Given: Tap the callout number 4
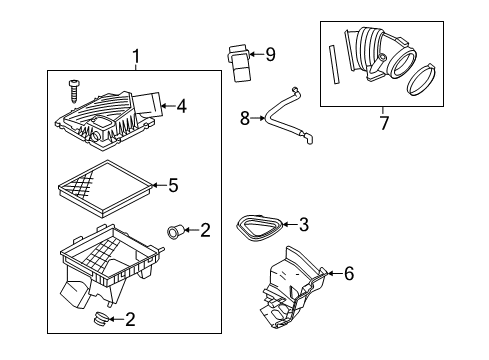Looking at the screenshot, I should (x=182, y=104).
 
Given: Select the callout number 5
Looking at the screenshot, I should (x=173, y=184).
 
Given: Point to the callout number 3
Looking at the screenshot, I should (x=303, y=226).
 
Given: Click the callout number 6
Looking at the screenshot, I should (x=349, y=271).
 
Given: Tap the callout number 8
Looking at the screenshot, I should (x=244, y=118).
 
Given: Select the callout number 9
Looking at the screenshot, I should (x=269, y=54).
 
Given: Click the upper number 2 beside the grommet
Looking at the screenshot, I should (x=205, y=231).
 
